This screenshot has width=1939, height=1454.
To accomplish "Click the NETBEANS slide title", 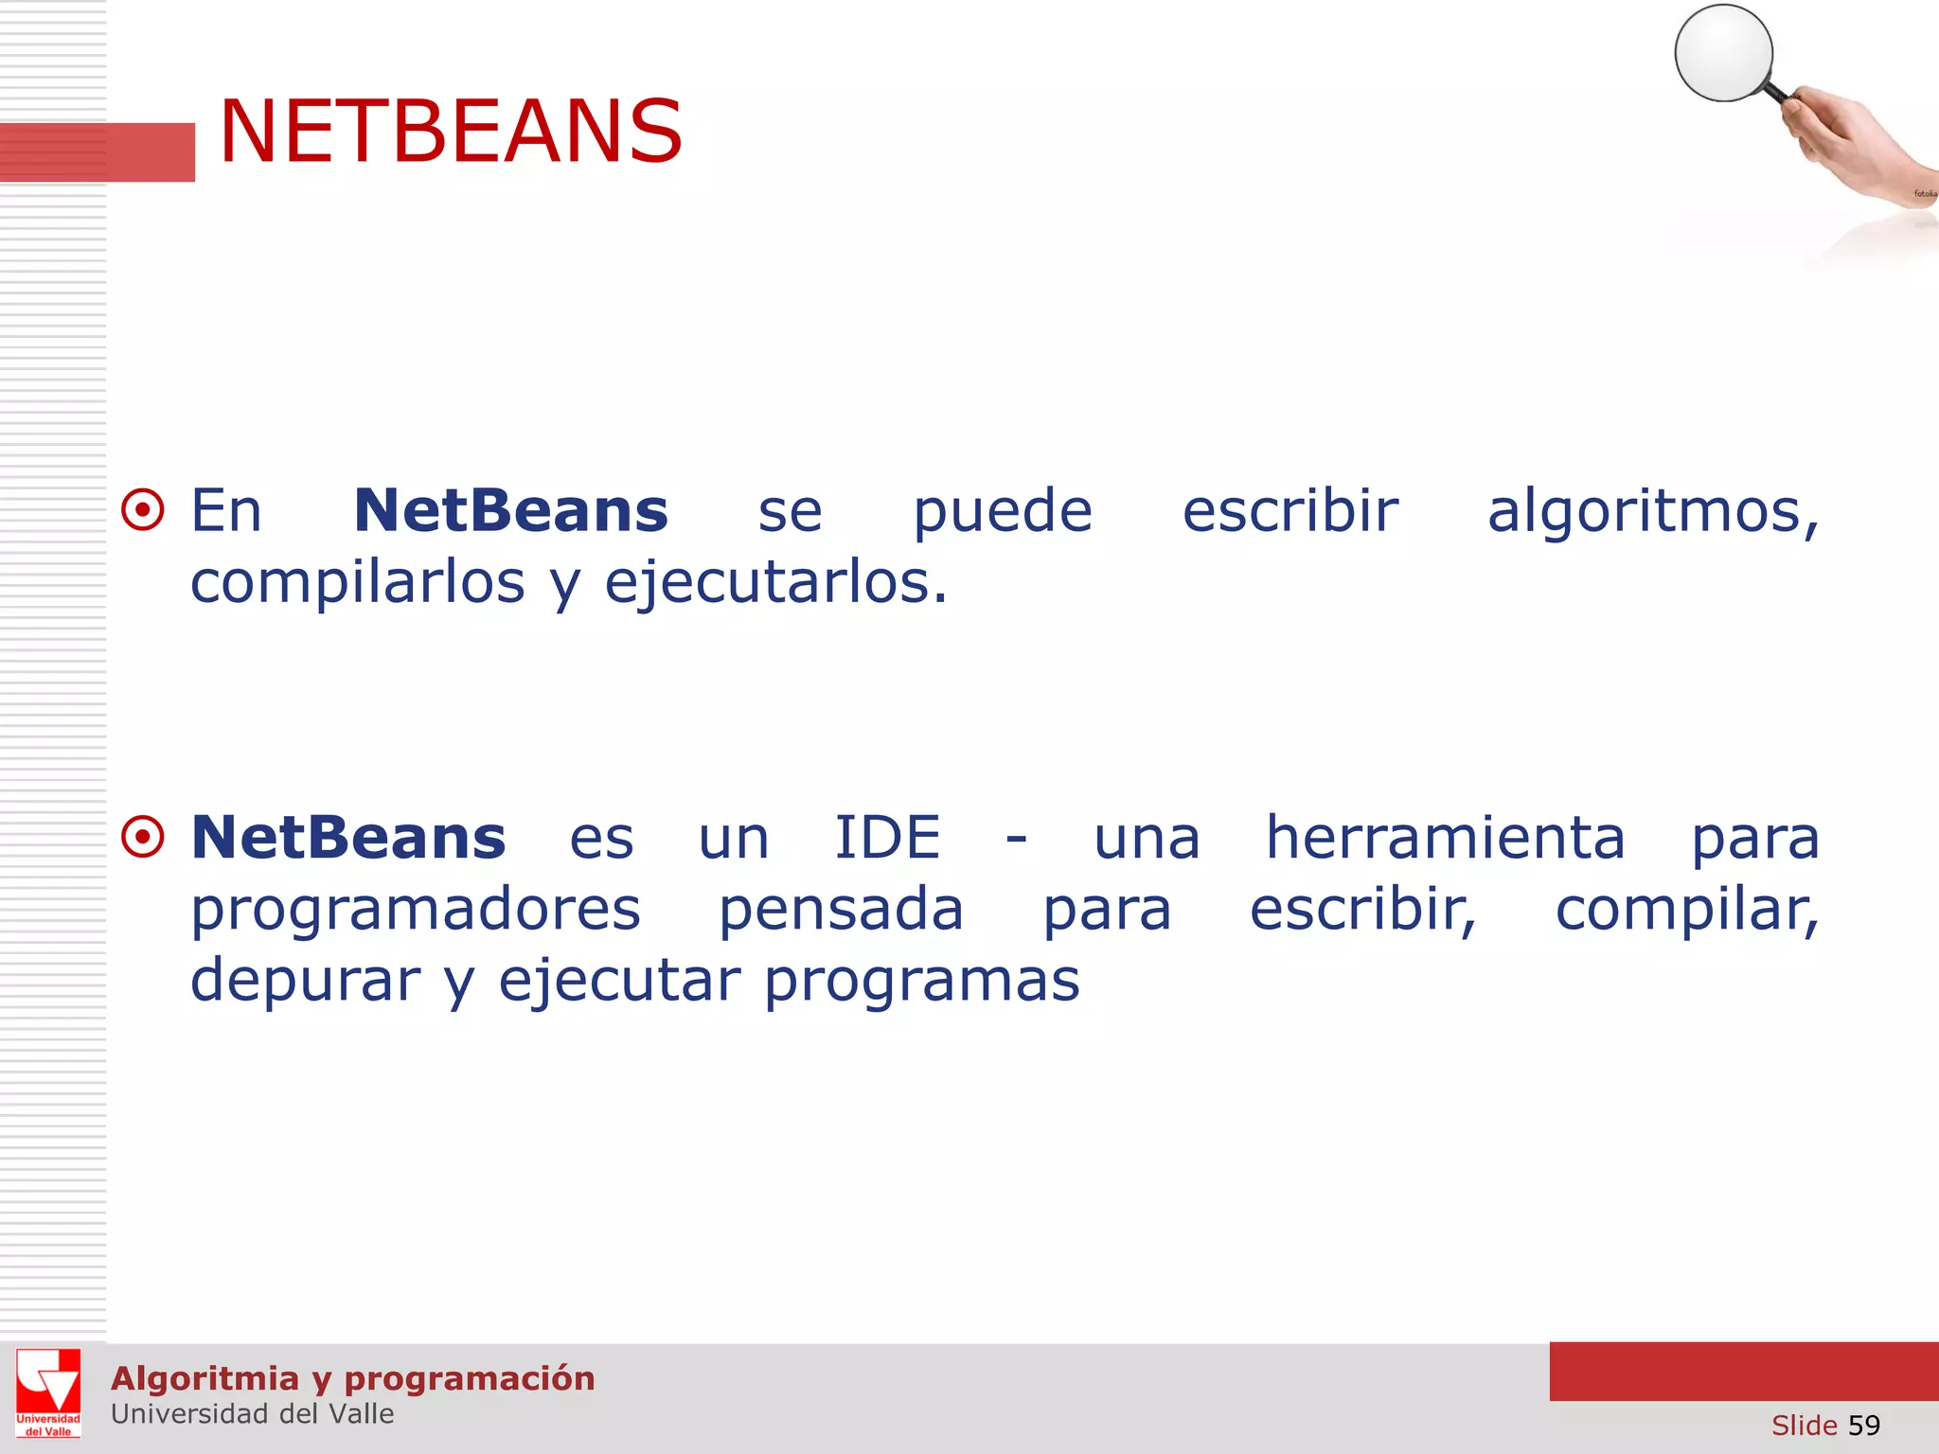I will point(451,132).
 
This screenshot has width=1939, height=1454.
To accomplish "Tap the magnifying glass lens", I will point(1723,52).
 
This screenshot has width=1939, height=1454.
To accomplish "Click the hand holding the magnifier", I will point(1846,142).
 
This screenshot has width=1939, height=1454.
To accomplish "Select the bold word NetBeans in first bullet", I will point(510,511).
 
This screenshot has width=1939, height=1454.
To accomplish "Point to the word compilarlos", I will point(357,582).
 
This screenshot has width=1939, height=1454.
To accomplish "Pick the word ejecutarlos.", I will point(775,583).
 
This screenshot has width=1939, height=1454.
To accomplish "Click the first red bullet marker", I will point(143,511).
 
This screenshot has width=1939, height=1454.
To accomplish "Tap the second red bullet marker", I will point(143,837).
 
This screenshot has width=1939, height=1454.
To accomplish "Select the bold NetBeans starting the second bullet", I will point(348,838).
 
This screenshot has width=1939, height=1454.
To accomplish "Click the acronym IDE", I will point(887,838).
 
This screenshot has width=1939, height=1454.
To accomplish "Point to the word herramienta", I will point(1446,838).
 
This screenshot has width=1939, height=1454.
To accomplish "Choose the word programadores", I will point(416,911).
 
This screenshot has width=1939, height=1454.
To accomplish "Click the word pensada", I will point(841,911).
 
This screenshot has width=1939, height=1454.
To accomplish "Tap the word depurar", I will point(305,982).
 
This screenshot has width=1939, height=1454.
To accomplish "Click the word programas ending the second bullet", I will point(921,982).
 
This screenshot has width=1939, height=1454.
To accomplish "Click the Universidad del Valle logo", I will point(48,1392).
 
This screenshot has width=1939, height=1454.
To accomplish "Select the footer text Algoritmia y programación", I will point(352,1378).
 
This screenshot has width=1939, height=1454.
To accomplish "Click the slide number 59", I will point(1863,1425).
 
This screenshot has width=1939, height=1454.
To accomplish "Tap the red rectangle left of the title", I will point(98,151).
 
